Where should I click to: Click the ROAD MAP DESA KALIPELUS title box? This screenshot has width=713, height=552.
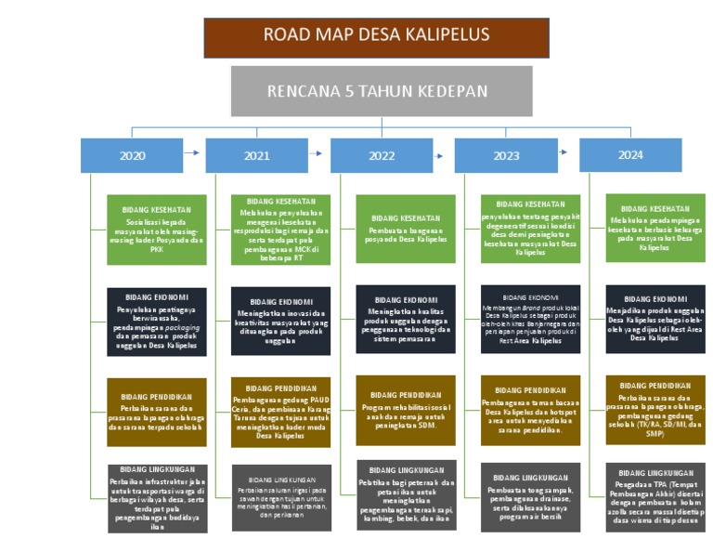pyautogui.click(x=376, y=37)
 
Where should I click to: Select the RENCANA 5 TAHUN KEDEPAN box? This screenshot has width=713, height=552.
pyautogui.click(x=382, y=91)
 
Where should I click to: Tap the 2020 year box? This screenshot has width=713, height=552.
pyautogui.click(x=132, y=155)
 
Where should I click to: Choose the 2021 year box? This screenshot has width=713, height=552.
pyautogui.click(x=256, y=155)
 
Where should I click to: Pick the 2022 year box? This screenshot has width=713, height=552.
pyautogui.click(x=382, y=155)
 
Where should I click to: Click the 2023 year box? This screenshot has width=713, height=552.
pyautogui.click(x=506, y=155)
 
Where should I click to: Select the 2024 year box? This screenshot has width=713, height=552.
pyautogui.click(x=629, y=155)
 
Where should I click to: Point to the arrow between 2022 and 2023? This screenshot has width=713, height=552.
pyautogui.click(x=441, y=151)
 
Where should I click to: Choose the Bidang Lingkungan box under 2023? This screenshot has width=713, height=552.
pyautogui.click(x=531, y=497)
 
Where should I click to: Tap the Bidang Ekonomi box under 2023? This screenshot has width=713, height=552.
pyautogui.click(x=531, y=320)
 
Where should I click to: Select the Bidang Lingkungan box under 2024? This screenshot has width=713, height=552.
pyautogui.click(x=655, y=497)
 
